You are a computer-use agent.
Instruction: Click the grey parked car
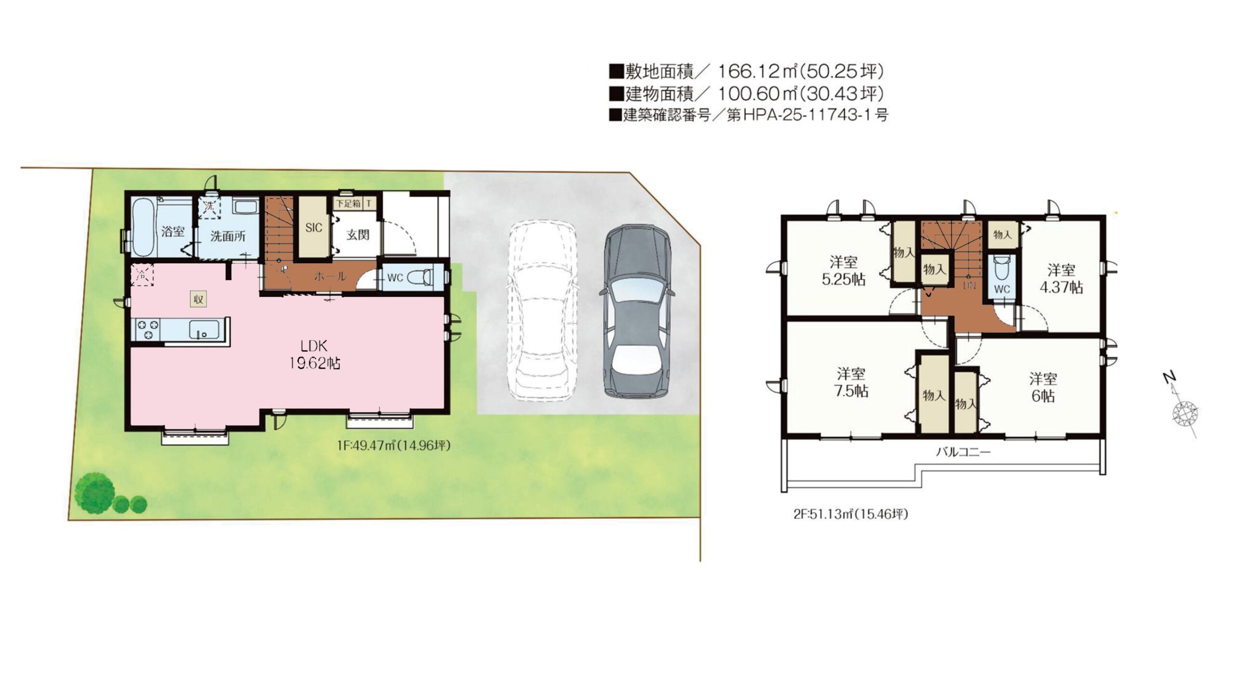(636, 311)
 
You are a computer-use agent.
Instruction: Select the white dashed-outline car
(542, 311)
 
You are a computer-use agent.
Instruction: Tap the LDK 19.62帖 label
(314, 354)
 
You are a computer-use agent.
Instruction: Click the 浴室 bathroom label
(173, 231)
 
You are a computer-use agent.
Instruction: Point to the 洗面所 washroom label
(228, 236)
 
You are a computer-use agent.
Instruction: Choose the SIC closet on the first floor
(313, 227)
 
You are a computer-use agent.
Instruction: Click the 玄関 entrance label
(358, 235)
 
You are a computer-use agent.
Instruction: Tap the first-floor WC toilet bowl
(419, 278)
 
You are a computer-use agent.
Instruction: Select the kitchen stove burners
(148, 329)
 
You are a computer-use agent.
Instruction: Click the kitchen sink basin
(204, 330)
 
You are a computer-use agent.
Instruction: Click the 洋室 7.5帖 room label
(851, 382)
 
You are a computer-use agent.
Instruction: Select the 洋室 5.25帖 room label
(844, 270)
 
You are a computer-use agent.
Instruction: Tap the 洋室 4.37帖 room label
(1061, 279)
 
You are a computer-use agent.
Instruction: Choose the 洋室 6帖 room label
(1043, 388)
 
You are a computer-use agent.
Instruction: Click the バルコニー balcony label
(963, 452)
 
